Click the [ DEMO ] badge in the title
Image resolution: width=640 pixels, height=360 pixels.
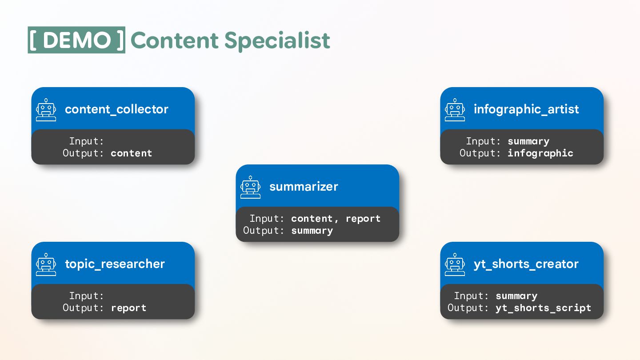point(76,40)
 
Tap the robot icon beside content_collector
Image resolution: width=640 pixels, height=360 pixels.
point(46,110)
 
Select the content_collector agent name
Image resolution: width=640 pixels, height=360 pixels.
point(116,109)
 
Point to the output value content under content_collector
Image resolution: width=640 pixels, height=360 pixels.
point(131,153)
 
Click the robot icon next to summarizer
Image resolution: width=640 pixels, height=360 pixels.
point(251,187)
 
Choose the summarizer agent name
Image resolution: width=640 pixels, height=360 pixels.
point(304,187)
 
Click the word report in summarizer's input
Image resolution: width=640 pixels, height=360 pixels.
point(363,219)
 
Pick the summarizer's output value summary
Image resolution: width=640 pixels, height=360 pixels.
point(312,231)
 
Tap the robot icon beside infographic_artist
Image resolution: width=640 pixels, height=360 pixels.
point(455,110)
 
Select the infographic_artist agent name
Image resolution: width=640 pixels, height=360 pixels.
point(526,109)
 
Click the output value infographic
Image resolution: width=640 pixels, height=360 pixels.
point(540,153)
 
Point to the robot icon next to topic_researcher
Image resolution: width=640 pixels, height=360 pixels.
point(46,264)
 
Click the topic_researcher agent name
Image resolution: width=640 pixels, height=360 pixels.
point(115,264)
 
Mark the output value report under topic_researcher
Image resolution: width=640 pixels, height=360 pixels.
point(128,308)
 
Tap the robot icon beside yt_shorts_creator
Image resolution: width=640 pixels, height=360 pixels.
point(455,264)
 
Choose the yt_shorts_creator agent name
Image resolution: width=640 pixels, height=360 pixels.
point(526,264)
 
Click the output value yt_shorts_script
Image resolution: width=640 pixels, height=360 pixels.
point(543,308)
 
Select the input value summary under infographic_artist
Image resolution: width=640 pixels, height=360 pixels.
point(528,141)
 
